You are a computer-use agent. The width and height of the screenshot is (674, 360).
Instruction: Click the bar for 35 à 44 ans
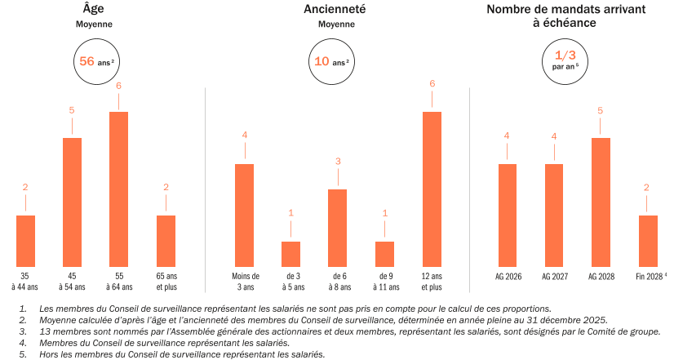[25, 238]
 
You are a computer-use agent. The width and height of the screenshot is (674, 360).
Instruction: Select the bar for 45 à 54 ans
[72, 199]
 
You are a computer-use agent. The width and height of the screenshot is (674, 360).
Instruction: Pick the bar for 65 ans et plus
[166, 238]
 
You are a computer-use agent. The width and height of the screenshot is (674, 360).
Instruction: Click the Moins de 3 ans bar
[245, 212]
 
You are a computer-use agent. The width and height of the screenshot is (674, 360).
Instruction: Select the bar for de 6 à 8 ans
[338, 224]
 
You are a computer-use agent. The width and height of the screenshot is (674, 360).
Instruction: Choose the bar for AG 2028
[601, 199]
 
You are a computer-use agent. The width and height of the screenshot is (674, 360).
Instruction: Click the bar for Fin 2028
[647, 238]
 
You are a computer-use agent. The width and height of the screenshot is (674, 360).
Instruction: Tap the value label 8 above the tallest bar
[432, 83]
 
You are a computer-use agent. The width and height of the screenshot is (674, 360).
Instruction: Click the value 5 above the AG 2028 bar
[601, 109]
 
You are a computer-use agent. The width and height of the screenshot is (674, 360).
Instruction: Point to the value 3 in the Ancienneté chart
[338, 161]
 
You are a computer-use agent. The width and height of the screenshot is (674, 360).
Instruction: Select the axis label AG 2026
[508, 278]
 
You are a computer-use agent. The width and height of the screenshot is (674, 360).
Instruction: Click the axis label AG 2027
[554, 278]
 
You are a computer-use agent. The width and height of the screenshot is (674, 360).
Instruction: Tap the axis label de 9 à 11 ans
[384, 282]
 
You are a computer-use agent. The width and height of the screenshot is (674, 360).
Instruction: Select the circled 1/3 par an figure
[565, 60]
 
